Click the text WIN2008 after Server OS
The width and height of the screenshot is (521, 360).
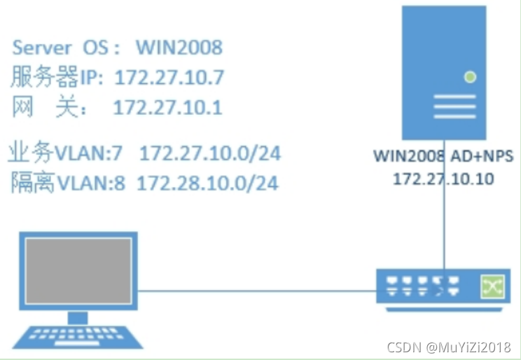(179, 48)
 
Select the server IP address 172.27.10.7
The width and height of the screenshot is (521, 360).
(169, 76)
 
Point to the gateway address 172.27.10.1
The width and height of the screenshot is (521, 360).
(167, 107)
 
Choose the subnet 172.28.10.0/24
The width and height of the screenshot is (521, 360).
(207, 184)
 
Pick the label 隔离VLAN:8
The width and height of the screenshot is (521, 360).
(68, 184)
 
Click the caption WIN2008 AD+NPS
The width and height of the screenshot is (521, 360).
(444, 156)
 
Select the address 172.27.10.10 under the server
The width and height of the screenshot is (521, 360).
(443, 179)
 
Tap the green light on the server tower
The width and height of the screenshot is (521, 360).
(470, 77)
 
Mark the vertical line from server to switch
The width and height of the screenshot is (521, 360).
(444, 231)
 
